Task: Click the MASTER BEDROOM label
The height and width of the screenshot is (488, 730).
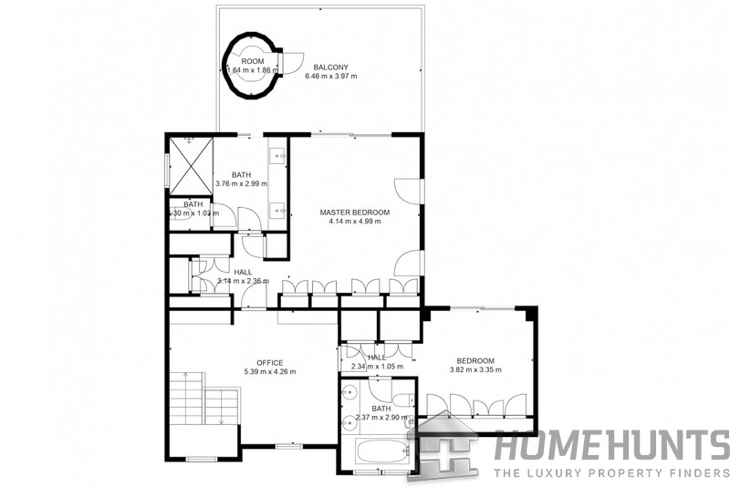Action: click(354, 213)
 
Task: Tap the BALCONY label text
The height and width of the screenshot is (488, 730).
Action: click(330, 67)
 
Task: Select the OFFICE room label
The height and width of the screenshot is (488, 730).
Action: click(269, 362)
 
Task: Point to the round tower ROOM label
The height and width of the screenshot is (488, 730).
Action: click(252, 61)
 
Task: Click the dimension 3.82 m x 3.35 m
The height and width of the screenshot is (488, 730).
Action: click(477, 370)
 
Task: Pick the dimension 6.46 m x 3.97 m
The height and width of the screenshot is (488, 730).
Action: click(330, 77)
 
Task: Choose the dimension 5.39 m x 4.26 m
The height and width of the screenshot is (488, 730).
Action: click(269, 372)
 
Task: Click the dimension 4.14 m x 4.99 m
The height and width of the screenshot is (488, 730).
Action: click(354, 223)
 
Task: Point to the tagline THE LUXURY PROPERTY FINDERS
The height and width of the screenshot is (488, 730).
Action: click(611, 472)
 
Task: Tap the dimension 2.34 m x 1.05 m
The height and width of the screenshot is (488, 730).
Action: click(377, 367)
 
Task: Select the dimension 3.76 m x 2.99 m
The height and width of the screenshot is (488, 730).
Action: click(241, 184)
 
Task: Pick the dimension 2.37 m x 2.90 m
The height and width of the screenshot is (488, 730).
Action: click(375, 418)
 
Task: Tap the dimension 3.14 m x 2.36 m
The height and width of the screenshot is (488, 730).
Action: click(243, 282)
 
